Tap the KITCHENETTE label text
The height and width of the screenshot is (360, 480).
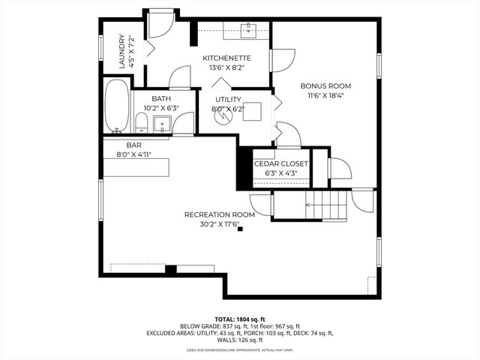click(226, 58)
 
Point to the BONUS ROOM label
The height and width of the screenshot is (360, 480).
click(325, 86)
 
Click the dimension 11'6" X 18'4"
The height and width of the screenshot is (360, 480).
click(325, 96)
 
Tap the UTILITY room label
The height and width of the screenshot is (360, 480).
click(228, 99)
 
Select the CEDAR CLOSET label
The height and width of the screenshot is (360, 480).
click(280, 163)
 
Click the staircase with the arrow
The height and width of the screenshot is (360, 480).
click(327, 203)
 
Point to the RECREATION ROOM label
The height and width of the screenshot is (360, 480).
click(220, 214)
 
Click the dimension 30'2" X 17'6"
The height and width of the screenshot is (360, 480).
click(220, 224)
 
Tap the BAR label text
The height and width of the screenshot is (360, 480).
click(134, 145)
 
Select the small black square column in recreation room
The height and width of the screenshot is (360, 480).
click(240, 229)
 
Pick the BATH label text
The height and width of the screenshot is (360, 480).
click(160, 99)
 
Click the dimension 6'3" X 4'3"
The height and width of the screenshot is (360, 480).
click(280, 173)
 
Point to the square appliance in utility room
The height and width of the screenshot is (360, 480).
click(253, 112)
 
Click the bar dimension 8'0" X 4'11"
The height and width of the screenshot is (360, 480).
click(134, 154)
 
